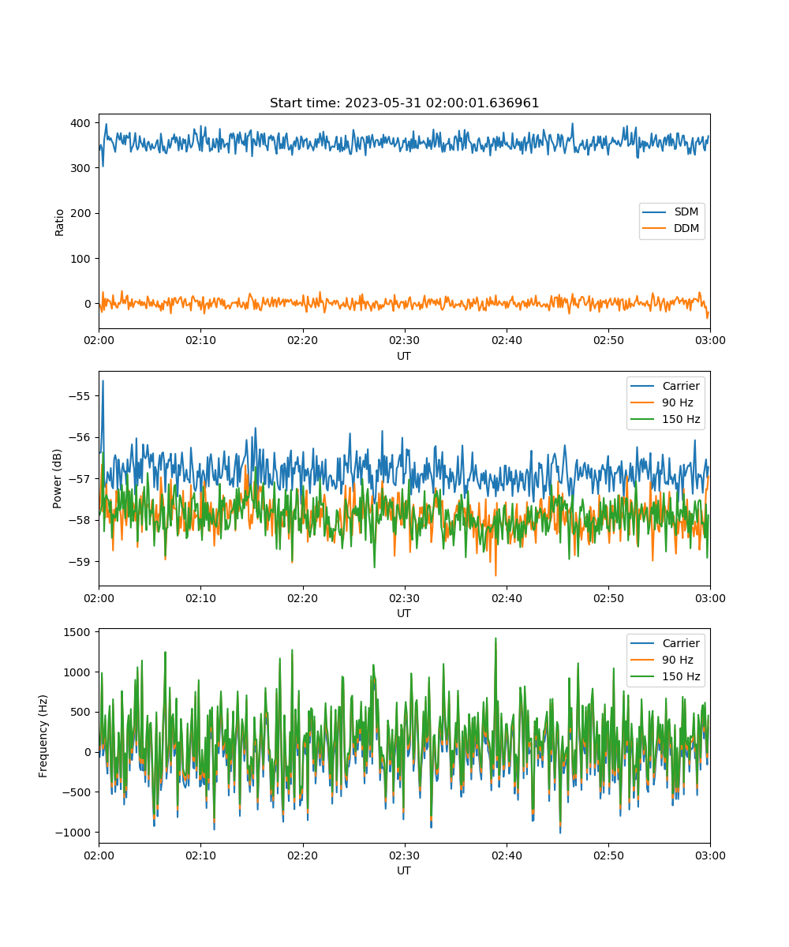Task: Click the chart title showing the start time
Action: coord(404,103)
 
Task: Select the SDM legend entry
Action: coord(671,211)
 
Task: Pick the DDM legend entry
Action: coord(671,228)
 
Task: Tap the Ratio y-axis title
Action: coord(59,223)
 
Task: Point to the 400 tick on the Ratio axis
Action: coord(80,123)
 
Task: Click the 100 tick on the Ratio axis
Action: coord(80,259)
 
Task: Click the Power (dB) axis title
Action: coord(57,478)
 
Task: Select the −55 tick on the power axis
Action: coord(80,396)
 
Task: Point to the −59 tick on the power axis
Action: coord(80,561)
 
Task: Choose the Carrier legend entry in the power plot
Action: coord(665,386)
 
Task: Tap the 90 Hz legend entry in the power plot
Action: coord(662,402)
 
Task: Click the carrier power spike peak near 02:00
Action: coord(103,381)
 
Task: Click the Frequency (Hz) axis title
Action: coord(43,736)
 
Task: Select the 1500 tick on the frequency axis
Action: coord(77,632)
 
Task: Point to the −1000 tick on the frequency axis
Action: coord(73,833)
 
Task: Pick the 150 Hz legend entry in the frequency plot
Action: coord(665,676)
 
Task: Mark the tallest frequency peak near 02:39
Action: coord(495,638)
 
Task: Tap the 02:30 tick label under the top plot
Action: coord(405,340)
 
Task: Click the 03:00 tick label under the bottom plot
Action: coord(710,855)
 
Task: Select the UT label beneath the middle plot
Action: coord(404,613)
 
